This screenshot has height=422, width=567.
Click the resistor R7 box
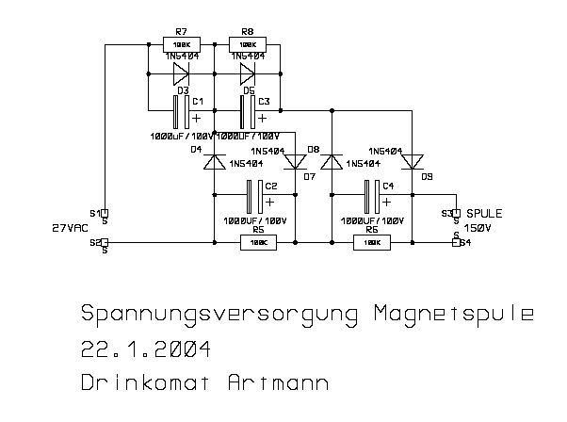(x=182, y=43)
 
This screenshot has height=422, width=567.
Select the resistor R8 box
(x=248, y=43)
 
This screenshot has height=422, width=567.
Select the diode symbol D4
(x=216, y=162)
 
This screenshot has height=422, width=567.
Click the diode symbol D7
(x=293, y=162)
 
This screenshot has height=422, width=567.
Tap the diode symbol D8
(x=332, y=162)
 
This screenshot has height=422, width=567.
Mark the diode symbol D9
(x=411, y=162)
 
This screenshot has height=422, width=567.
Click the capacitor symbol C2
(x=253, y=198)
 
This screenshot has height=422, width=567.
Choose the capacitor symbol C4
(x=372, y=198)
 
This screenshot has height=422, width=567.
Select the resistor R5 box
(x=258, y=243)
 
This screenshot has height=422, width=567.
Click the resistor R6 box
(x=372, y=243)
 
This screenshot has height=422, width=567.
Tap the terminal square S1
(x=105, y=213)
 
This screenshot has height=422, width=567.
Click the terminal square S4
(x=456, y=243)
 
